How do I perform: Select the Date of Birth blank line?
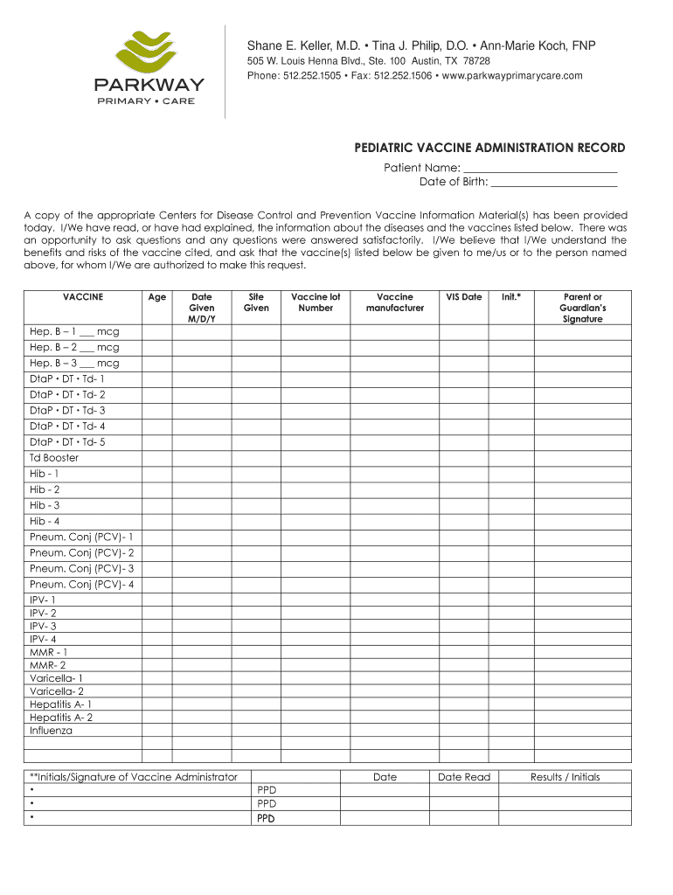click(x=553, y=182)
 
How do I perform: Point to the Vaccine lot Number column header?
click(x=316, y=302)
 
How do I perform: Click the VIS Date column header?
click(x=464, y=297)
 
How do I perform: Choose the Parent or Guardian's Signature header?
click(x=582, y=308)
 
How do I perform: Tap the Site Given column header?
click(x=256, y=302)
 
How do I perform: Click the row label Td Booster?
click(x=54, y=458)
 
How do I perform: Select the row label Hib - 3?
click(x=45, y=505)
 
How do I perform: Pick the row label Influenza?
click(x=52, y=731)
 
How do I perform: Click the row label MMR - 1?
click(x=48, y=652)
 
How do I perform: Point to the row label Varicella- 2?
click(x=57, y=691)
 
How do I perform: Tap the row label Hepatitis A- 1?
click(x=60, y=704)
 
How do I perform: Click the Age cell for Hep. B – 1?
click(x=156, y=332)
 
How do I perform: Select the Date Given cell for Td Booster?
click(x=201, y=458)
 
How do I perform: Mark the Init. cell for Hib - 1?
click(x=510, y=474)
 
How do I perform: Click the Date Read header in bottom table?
click(x=464, y=777)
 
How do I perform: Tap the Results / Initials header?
click(x=565, y=777)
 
